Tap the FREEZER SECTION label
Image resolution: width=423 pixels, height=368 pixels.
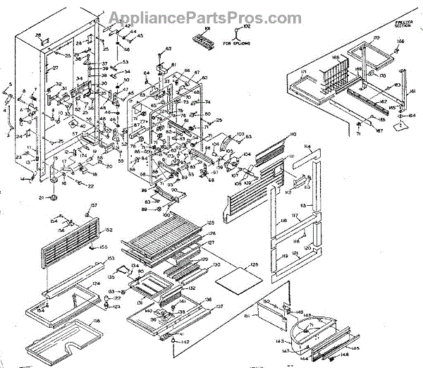(403, 25)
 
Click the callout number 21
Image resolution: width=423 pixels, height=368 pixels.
(42, 197)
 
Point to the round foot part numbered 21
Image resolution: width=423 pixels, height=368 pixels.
(52, 198)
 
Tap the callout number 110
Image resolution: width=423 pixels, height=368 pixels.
(292, 133)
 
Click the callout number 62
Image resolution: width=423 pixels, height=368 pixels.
(168, 48)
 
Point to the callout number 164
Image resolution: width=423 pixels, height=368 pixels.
(412, 116)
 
